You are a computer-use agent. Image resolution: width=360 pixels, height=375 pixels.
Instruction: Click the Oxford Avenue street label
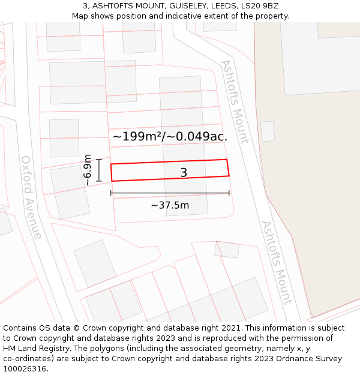32,197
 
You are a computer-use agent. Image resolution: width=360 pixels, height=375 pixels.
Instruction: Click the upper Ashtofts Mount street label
235,101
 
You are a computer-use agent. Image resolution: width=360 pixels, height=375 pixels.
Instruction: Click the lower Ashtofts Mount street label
276,262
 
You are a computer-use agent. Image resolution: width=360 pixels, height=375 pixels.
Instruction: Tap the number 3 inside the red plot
184,173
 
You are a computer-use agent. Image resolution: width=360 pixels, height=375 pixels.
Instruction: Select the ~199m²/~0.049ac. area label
170,136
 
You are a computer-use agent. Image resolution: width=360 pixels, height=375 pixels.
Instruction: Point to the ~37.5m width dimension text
170,205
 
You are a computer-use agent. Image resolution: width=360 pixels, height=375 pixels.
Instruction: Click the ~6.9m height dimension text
88,170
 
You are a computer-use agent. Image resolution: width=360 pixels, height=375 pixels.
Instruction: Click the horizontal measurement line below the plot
170,193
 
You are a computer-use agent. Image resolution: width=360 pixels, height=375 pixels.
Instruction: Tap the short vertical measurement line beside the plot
99,170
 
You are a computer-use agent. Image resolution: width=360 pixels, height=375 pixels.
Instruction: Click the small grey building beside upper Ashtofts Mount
268,131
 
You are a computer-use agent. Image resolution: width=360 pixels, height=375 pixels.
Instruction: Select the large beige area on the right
312,180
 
